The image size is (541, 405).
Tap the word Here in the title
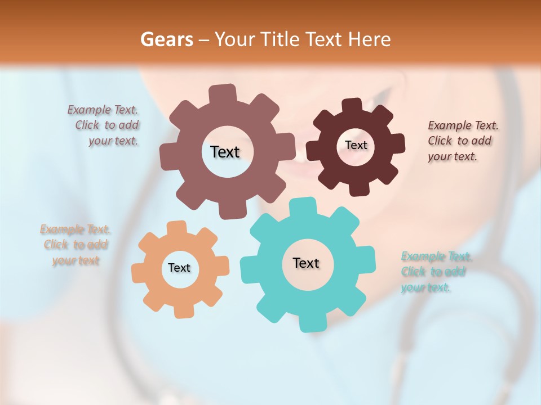coord(370,39)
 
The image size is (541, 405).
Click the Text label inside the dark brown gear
coord(356,145)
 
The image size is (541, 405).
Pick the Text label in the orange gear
coord(179,268)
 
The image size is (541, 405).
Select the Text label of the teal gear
coord(306,263)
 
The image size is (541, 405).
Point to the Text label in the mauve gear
coord(225,152)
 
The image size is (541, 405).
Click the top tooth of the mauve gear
coord(222,93)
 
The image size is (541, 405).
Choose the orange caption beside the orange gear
coord(76,245)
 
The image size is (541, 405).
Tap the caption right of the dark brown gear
coord(463,141)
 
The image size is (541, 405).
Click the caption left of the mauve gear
coord(104,125)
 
